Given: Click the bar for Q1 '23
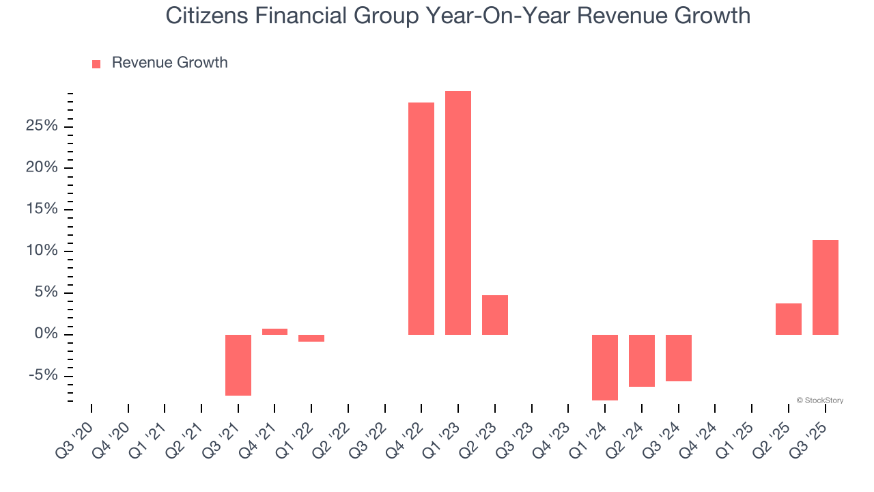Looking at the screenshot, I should (457, 213).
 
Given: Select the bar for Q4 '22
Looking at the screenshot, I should (421, 219).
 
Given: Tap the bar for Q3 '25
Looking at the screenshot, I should (825, 287).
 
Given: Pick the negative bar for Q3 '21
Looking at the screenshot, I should (238, 365).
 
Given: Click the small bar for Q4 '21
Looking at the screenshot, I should (274, 331).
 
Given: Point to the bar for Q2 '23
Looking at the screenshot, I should (494, 314).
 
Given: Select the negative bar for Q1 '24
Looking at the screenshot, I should (604, 367).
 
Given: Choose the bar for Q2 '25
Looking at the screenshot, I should (788, 318).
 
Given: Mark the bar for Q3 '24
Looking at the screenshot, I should (678, 357).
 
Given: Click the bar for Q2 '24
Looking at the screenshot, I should (641, 360).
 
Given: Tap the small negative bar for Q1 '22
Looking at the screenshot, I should (311, 338).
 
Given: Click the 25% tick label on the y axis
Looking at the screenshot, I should (41, 126).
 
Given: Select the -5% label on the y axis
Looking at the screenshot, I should (42, 376).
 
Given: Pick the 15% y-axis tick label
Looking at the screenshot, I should (41, 210).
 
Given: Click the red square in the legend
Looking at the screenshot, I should (96, 64).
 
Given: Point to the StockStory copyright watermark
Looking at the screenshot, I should (819, 400).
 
